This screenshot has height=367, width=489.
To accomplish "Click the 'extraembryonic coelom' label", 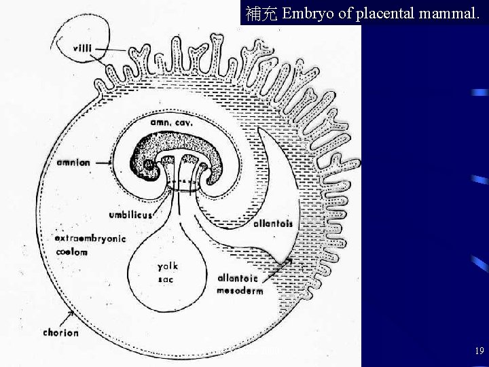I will [x=90, y=245].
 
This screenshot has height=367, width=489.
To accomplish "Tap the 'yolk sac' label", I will [x=168, y=273].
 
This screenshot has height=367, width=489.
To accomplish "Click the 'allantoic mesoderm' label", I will [x=241, y=284].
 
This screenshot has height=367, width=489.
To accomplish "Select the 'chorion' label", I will [x=60, y=333].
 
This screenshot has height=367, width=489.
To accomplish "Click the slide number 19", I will [x=479, y=351].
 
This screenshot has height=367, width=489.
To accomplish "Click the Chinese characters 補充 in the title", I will [x=261, y=13].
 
